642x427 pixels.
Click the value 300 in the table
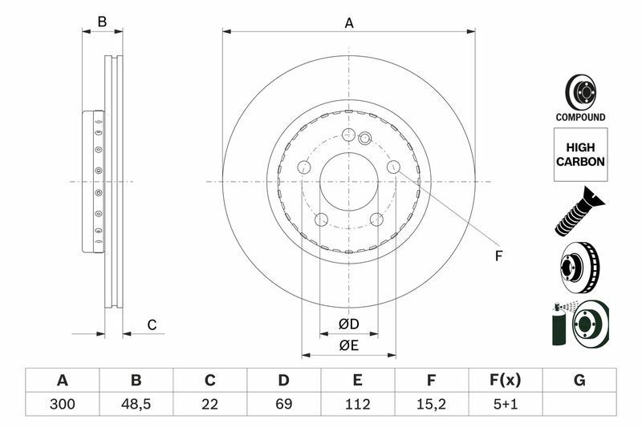(62, 404)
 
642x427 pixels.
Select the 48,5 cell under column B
(136, 404)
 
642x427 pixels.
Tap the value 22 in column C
(209, 404)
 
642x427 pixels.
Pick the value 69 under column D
(283, 404)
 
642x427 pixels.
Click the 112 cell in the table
(357, 404)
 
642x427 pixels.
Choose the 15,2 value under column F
(431, 404)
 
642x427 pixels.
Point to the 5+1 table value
(505, 404)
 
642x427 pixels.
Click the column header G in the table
(579, 380)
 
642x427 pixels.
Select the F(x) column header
(505, 380)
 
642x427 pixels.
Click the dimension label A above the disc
(349, 23)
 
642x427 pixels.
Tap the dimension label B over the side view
(102, 22)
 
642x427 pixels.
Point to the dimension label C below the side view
(151, 324)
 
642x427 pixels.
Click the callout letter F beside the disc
(498, 256)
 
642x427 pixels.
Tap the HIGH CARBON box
(580, 155)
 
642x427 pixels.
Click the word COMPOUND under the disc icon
(580, 117)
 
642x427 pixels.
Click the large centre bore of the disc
(348, 181)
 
